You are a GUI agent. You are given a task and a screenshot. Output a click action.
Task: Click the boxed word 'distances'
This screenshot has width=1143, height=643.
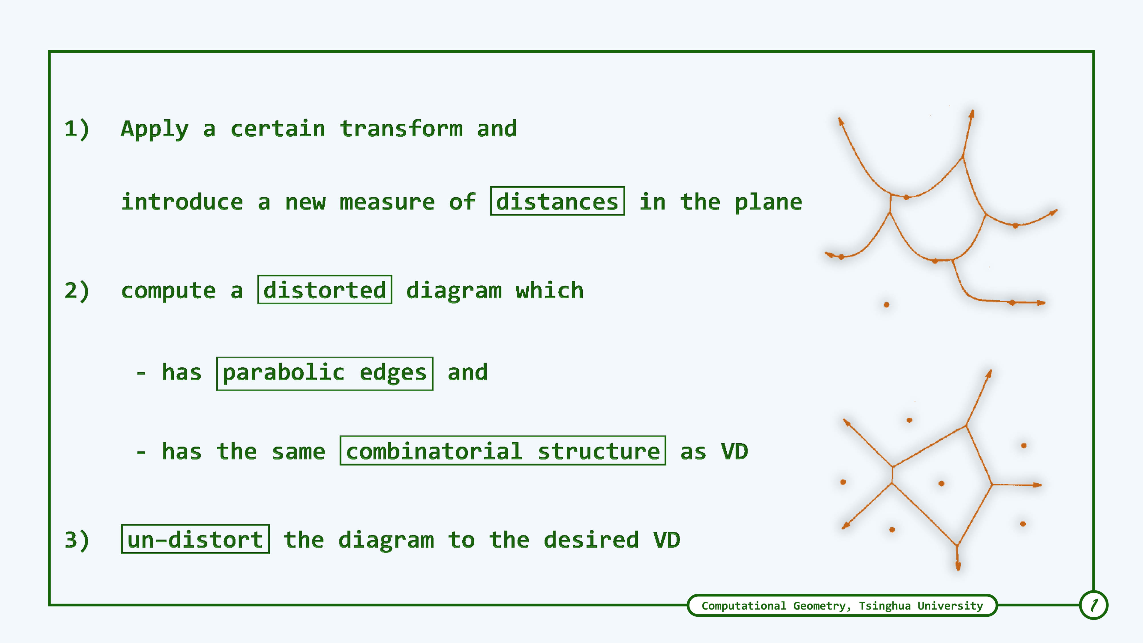pyautogui.click(x=557, y=201)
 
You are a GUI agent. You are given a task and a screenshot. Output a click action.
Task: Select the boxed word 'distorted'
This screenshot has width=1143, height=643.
pyautogui.click(x=325, y=290)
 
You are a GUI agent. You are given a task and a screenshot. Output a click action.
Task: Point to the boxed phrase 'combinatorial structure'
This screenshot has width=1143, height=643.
pyautogui.click(x=503, y=451)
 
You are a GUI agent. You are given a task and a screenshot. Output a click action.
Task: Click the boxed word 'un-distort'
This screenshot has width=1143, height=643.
pyautogui.click(x=195, y=539)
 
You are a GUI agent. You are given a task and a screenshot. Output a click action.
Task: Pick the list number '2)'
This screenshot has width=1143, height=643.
pyautogui.click(x=77, y=291)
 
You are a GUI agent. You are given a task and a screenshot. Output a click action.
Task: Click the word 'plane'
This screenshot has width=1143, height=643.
pyautogui.click(x=768, y=202)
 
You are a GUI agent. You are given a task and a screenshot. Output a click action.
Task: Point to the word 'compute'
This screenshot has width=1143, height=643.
pyautogui.click(x=169, y=291)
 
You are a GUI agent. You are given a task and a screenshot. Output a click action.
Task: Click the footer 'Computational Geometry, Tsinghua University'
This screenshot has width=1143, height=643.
pyautogui.click(x=842, y=606)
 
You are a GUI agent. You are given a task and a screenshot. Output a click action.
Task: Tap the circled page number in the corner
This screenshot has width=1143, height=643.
pyautogui.click(x=1094, y=605)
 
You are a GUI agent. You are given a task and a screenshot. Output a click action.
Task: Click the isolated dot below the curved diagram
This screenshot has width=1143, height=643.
pyautogui.click(x=886, y=305)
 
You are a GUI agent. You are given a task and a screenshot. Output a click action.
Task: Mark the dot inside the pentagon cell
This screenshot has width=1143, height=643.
pyautogui.click(x=942, y=483)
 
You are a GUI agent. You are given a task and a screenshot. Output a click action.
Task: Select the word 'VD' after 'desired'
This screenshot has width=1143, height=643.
pyautogui.click(x=666, y=540)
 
